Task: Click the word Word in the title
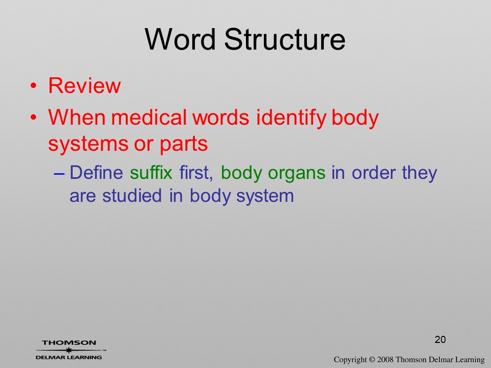[181, 39]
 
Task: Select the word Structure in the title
[285, 39]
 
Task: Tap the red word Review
[84, 85]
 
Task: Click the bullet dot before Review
[34, 86]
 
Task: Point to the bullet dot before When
[34, 118]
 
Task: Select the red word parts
[184, 144]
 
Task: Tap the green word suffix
[151, 172]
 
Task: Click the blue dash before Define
[59, 173]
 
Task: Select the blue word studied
[132, 196]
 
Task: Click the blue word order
[374, 172]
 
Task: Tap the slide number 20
[440, 339]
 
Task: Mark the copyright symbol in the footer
[372, 360]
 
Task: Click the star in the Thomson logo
[68, 350]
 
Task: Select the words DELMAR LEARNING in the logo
[69, 357]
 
